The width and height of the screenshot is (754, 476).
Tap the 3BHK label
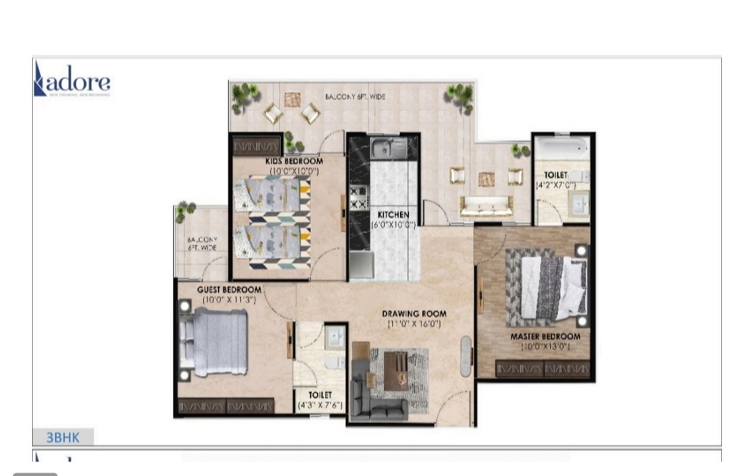(63, 438)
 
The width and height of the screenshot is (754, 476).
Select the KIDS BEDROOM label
(294, 161)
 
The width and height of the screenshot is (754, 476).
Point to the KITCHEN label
(394, 214)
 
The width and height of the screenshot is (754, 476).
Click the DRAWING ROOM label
(414, 313)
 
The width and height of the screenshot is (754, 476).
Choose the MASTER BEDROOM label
(545, 336)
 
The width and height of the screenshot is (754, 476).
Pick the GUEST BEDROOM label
(229, 290)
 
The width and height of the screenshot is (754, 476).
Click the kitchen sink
(384, 147)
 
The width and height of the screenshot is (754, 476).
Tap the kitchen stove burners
(358, 197)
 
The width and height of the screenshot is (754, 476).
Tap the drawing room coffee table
(397, 368)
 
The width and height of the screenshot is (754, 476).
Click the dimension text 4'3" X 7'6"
(320, 405)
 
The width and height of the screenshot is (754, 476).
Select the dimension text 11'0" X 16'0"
(414, 325)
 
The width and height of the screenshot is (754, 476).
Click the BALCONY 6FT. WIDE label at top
(355, 96)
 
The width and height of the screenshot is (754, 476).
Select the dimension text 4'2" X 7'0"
(556, 186)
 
